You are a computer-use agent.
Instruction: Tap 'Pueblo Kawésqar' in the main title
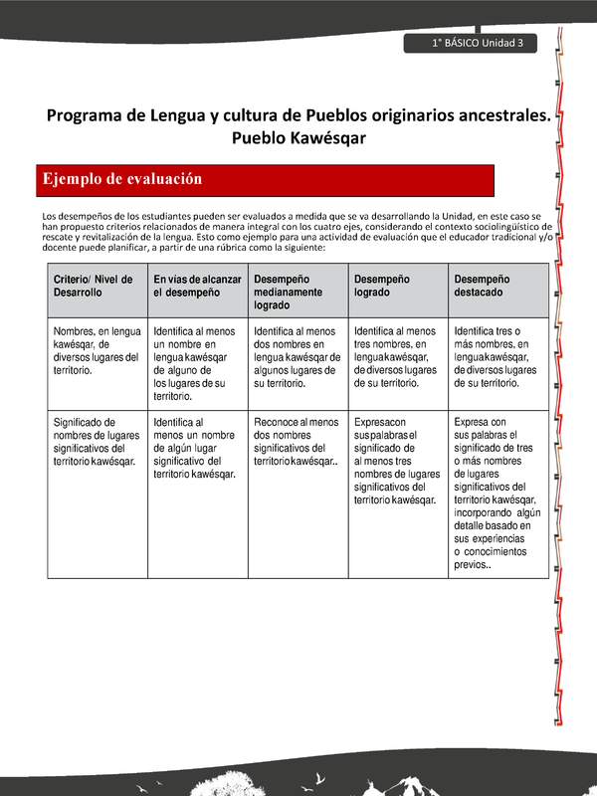tap(298, 138)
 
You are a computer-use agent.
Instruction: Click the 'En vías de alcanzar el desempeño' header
tap(197, 287)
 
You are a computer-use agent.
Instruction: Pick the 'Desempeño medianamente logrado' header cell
tap(297, 293)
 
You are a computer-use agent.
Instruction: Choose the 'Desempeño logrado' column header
tap(396, 287)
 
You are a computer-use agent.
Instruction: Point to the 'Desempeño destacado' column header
tap(497, 287)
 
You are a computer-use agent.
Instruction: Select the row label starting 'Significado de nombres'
tap(94, 441)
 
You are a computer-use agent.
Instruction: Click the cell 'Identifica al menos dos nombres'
tap(297, 356)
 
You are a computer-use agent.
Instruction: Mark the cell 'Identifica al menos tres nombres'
tap(396, 356)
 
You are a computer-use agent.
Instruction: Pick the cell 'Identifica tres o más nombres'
tap(496, 356)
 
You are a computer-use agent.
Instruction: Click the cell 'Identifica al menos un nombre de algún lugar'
tap(195, 448)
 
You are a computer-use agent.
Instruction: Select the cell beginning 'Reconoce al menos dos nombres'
tap(297, 441)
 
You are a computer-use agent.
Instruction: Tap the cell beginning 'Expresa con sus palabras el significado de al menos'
tap(396, 461)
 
